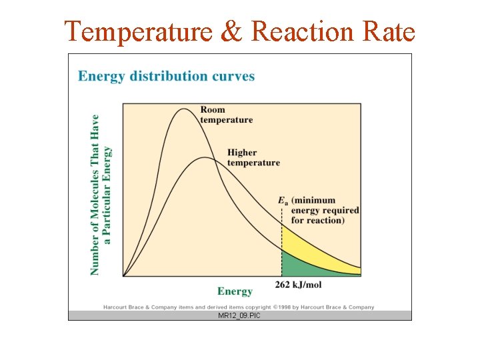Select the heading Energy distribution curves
(166, 76)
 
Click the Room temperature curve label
(226, 115)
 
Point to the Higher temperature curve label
(253, 157)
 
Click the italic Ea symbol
(283, 200)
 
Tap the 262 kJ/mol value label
(298, 285)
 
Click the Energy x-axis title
(235, 291)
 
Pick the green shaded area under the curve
(300, 264)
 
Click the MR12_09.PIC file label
(239, 315)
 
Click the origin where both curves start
(124, 275)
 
